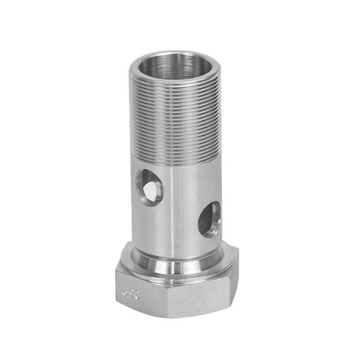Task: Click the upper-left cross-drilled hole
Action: click(149, 185)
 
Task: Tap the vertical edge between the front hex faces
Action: click(167, 297)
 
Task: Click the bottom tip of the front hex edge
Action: click(167, 316)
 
